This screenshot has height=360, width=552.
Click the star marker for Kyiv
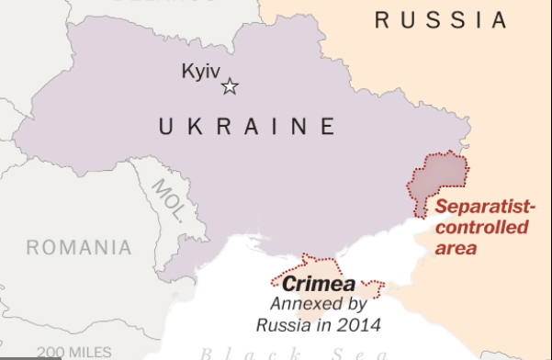coord(230,87)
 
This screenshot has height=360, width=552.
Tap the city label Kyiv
coord(202,71)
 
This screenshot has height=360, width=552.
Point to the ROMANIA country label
coord(79,247)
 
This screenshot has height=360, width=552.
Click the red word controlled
coord(481,228)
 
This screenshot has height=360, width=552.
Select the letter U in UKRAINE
coord(166,126)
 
